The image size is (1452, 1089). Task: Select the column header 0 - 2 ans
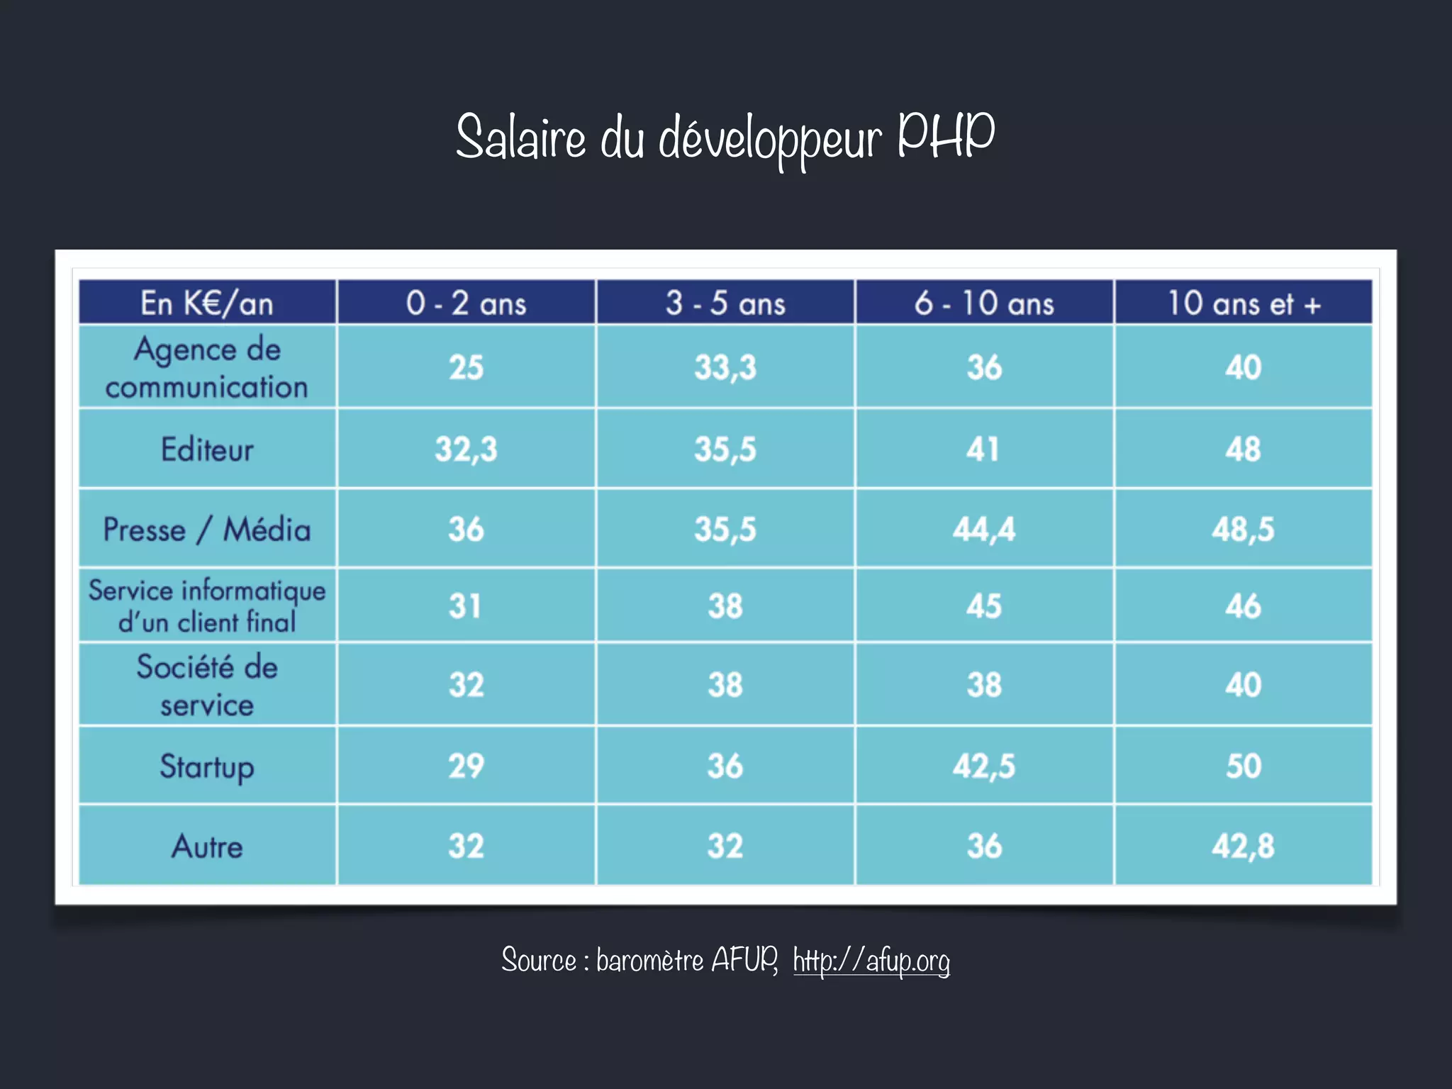(x=466, y=303)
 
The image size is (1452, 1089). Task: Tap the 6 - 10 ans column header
(x=984, y=303)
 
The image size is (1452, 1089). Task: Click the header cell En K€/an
(x=206, y=303)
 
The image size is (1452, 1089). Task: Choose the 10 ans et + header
(x=1244, y=303)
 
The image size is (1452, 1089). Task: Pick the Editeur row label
(x=206, y=449)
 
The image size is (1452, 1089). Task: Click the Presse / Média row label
(x=206, y=530)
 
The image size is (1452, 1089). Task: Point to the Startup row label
(x=206, y=766)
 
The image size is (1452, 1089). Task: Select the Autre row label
(x=206, y=847)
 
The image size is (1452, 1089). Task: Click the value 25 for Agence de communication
(x=466, y=367)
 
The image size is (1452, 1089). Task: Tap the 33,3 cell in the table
(x=725, y=367)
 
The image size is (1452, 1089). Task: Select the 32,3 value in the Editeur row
(x=466, y=449)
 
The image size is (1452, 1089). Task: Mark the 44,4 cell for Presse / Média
(x=984, y=530)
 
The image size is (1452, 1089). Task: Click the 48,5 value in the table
(x=1244, y=530)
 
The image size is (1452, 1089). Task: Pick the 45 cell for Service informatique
(x=984, y=606)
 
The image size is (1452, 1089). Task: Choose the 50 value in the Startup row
(x=1244, y=766)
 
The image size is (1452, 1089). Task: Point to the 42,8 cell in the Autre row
(x=1244, y=847)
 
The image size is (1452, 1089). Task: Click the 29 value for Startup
(x=466, y=766)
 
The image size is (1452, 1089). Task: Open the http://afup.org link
(x=871, y=961)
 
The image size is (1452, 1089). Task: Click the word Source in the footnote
(x=539, y=961)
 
